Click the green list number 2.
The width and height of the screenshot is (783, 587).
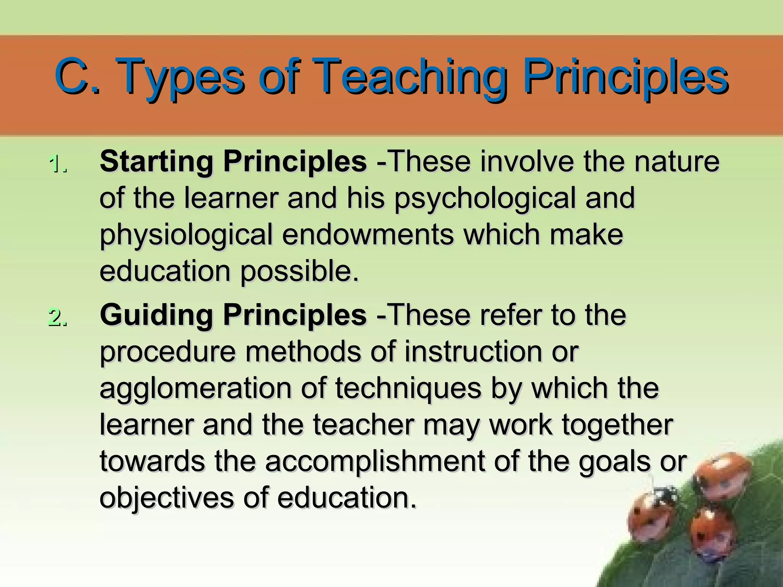(58, 317)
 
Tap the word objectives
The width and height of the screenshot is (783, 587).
(166, 498)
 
